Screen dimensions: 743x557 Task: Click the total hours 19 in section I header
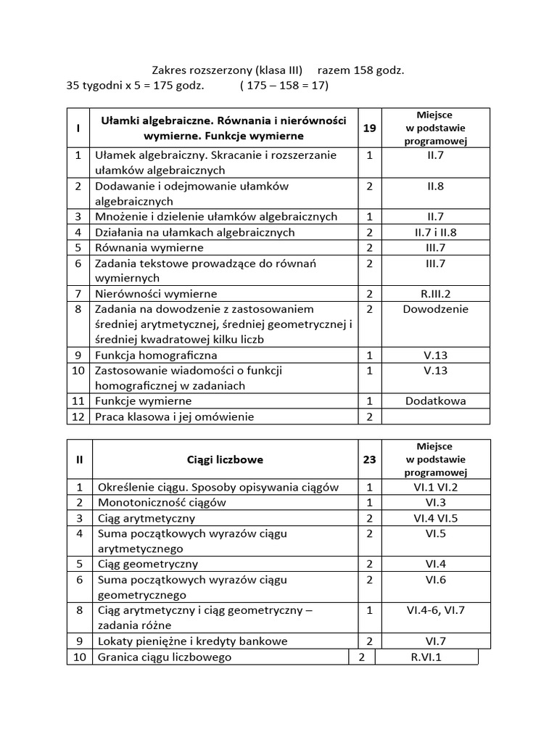point(369,128)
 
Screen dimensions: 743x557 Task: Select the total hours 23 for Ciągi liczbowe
point(369,459)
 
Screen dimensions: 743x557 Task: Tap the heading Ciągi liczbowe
point(225,459)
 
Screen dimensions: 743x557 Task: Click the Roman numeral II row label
point(79,459)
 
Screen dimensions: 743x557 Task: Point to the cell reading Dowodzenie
point(435,309)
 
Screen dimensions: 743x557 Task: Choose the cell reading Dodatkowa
point(435,401)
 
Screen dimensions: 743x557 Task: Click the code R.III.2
point(435,294)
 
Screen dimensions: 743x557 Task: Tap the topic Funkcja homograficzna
point(156,356)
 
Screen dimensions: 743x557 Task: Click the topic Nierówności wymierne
point(156,294)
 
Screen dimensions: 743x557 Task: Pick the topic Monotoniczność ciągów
point(162,502)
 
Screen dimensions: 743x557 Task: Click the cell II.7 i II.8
point(435,232)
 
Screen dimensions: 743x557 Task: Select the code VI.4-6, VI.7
point(435,610)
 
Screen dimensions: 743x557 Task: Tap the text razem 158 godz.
point(360,70)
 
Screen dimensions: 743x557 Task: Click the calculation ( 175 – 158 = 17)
point(284,86)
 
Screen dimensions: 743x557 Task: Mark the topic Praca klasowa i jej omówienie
point(175,416)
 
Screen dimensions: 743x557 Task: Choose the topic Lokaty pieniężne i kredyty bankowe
point(192,641)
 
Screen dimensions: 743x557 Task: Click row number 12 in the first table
point(78,416)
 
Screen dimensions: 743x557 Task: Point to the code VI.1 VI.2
point(435,488)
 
